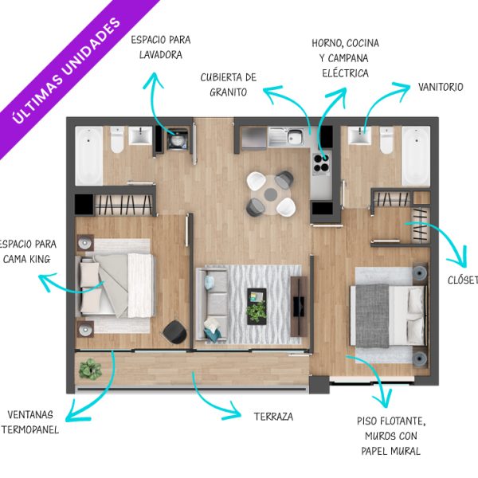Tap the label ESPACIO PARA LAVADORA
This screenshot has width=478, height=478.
point(161,47)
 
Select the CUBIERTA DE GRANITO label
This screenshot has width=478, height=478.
point(229,84)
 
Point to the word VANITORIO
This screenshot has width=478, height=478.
point(441,87)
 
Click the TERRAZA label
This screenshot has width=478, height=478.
point(273,417)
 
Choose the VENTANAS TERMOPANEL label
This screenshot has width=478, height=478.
point(30,422)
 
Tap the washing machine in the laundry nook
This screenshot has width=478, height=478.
point(177,140)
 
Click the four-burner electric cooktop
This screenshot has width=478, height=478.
point(322,163)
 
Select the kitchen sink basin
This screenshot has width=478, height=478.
point(294,136)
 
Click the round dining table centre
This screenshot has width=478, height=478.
point(270,194)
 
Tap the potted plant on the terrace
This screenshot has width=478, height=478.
point(90,369)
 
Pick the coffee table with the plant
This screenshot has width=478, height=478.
point(257,307)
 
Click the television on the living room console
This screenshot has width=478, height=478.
point(299,306)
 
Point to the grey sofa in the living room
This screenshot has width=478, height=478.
point(212,304)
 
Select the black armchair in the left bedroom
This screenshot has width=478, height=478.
point(174,331)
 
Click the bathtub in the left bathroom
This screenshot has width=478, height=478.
point(89,156)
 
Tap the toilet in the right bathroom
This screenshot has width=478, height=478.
point(386,140)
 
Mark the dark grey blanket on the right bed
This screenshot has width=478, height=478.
point(373,315)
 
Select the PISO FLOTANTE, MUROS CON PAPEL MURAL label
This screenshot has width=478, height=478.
point(391,436)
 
